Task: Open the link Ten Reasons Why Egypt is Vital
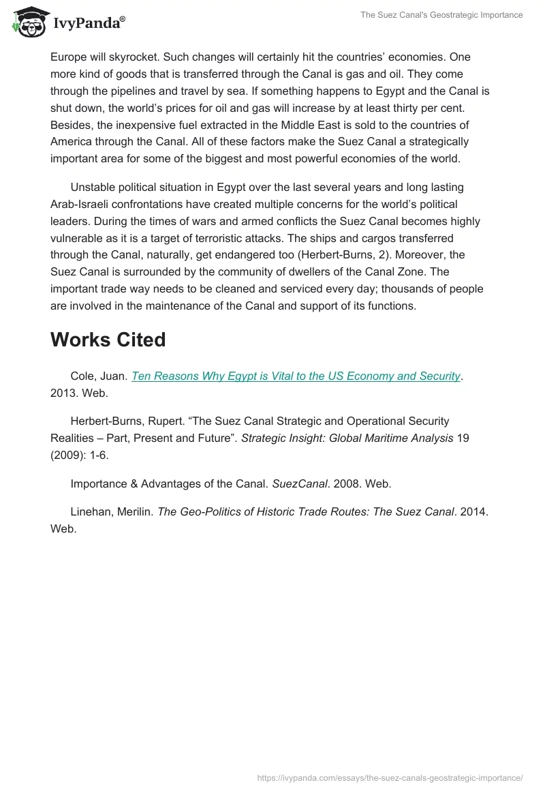coord(296,376)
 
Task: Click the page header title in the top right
coord(441,15)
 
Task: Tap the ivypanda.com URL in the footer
coord(390,777)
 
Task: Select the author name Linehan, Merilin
coord(111,511)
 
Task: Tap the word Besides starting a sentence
coord(73,125)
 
